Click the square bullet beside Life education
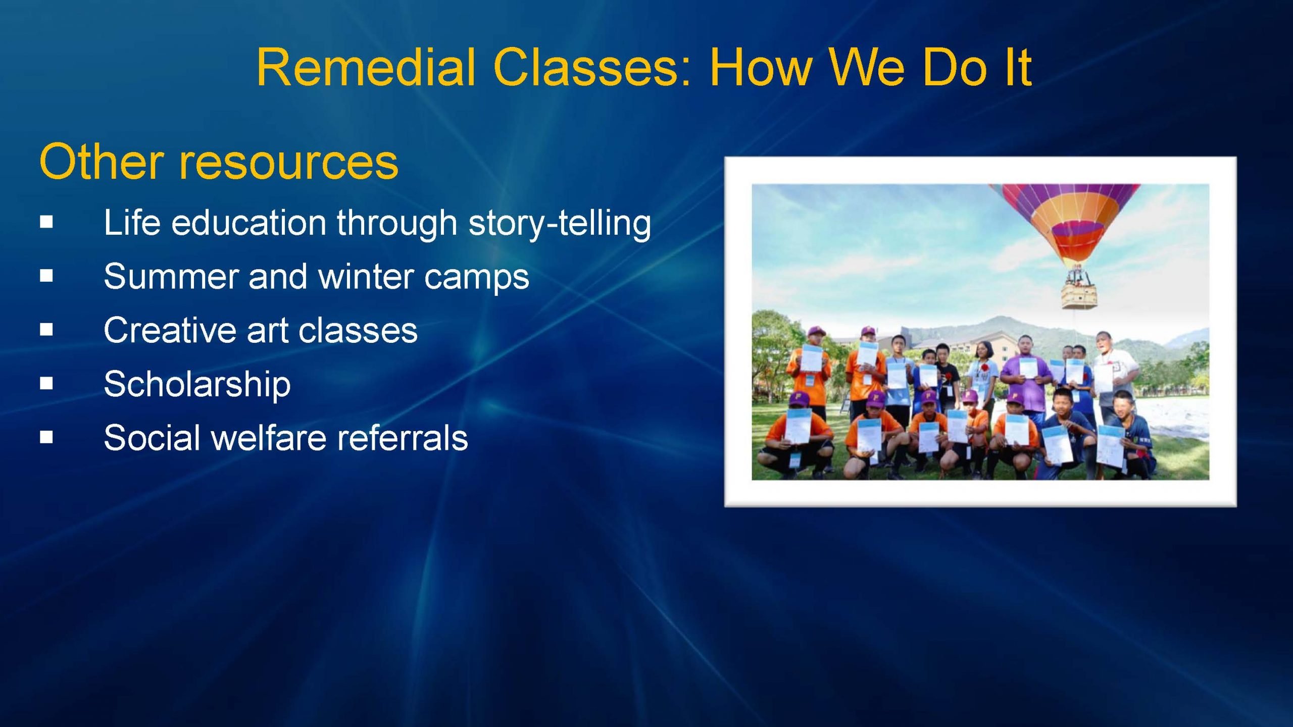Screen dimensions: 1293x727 tap(46, 222)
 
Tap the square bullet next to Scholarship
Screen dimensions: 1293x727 tap(46, 384)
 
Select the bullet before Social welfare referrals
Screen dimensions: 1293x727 tap(46, 437)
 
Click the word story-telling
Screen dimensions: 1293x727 tap(560, 223)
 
